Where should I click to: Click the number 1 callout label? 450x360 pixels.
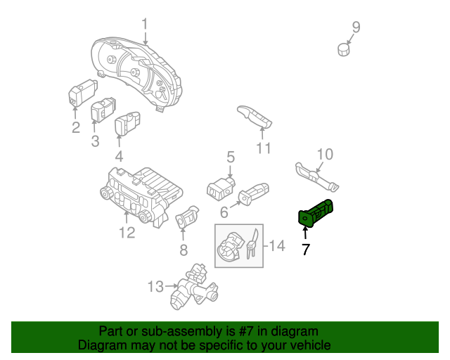145,26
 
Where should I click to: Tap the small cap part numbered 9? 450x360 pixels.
343,50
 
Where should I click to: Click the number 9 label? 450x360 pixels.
356,27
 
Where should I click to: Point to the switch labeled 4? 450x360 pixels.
127,124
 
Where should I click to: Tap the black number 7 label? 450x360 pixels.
305,248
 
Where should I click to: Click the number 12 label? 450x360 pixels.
127,233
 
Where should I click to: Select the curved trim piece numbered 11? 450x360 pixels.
254,117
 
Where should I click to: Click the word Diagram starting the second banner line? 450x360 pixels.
103,345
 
